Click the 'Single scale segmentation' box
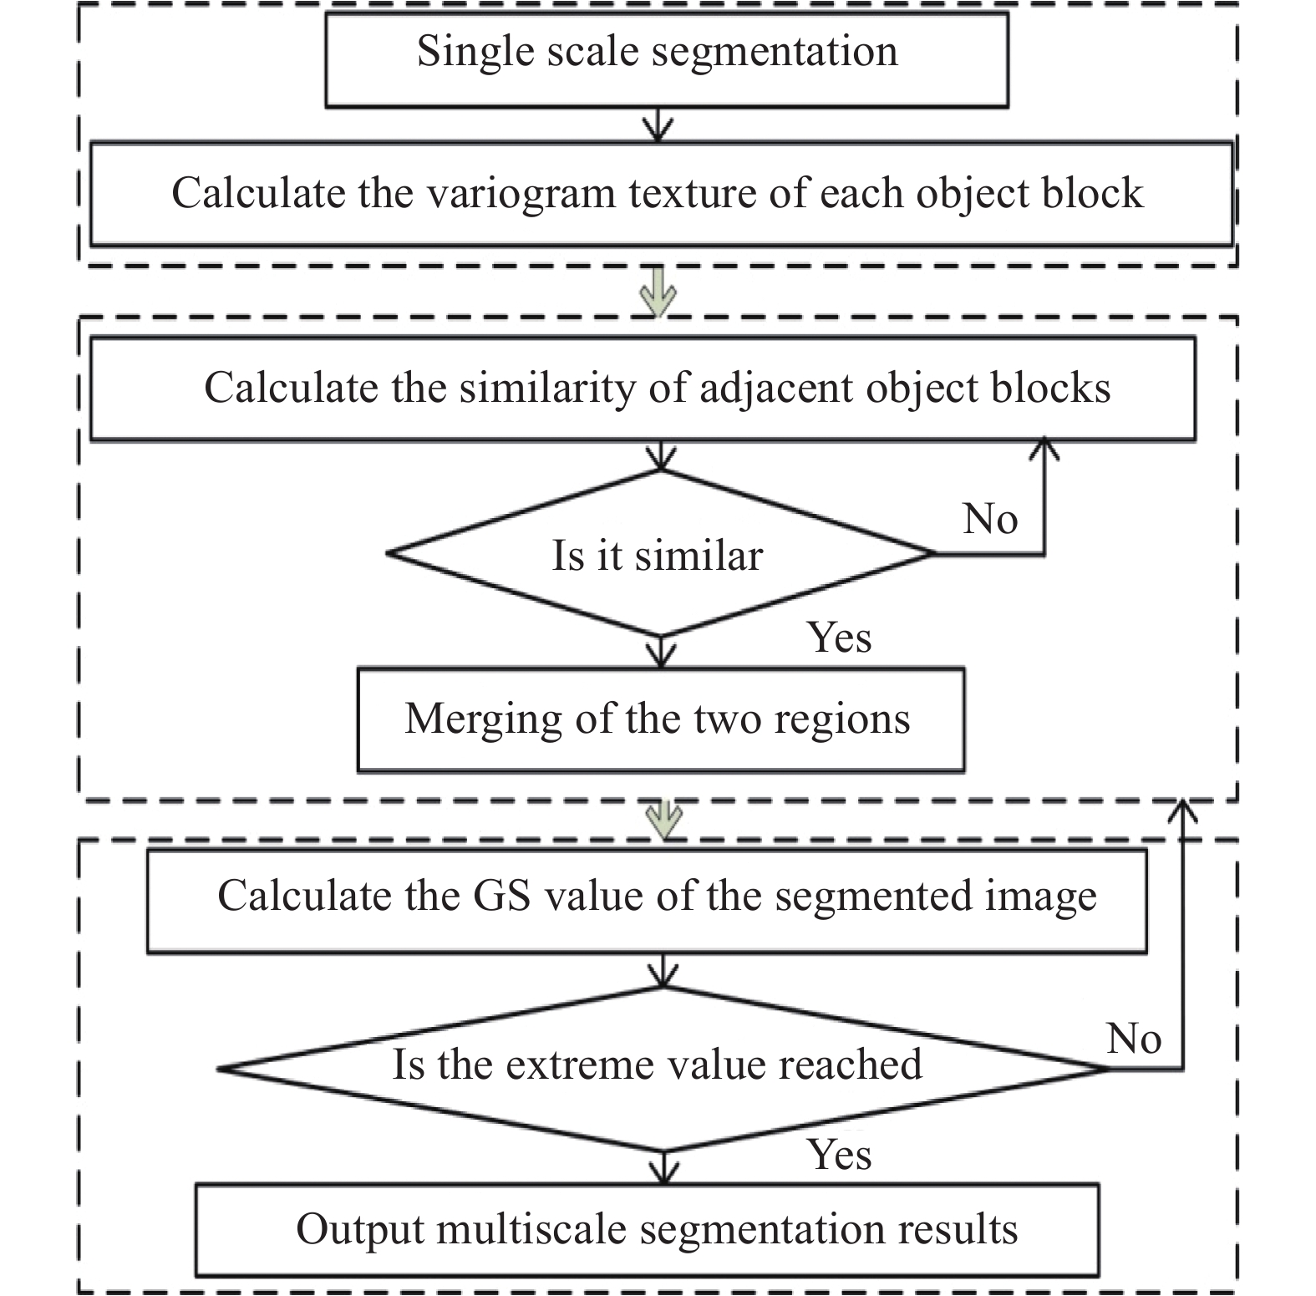666,59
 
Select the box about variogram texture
661,194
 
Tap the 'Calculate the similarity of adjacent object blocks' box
643,389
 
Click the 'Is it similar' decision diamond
660,553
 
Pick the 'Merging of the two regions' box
661,719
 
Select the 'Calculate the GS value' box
647,901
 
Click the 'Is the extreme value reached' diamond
663,1069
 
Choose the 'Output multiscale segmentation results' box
647,1230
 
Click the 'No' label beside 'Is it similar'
990,519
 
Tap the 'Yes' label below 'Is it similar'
839,638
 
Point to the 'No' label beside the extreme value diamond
1134,1039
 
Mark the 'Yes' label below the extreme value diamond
839,1156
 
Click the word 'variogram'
522,195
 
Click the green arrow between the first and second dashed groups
658,292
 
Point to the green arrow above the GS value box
664,820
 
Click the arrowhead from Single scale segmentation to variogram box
659,130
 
